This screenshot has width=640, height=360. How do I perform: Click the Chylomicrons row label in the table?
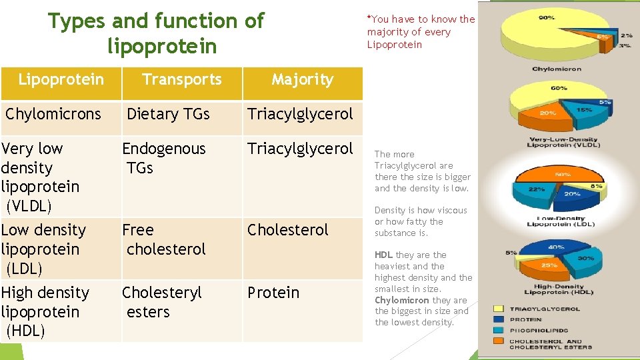click(53, 114)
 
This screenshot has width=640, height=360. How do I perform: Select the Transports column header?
click(181, 79)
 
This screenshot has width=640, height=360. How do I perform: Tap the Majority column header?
click(302, 79)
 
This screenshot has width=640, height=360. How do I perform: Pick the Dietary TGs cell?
click(168, 114)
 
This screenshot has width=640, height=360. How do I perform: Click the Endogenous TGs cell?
click(164, 158)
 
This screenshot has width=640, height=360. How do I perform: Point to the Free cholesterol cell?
click(164, 239)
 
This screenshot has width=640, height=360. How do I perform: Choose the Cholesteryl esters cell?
click(161, 302)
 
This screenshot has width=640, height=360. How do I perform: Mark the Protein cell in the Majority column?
click(273, 293)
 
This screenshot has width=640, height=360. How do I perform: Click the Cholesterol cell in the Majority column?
click(288, 230)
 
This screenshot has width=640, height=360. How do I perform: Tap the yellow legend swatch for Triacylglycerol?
click(499, 309)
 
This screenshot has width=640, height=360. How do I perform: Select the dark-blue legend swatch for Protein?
click(499, 320)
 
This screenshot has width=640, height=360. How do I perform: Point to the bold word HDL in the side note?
click(383, 255)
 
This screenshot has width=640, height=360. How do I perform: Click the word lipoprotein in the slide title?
click(161, 47)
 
